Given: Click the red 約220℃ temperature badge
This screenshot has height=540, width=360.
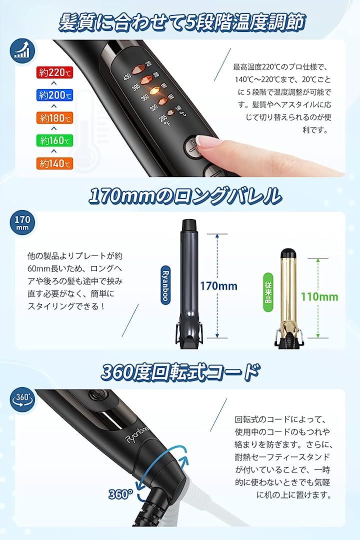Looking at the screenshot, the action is tap(55, 72).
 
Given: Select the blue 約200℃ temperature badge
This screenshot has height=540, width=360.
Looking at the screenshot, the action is tap(55, 95).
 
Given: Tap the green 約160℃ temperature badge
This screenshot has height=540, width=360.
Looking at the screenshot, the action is tap(55, 140).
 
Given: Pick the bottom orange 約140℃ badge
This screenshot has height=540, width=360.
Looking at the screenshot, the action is tap(55, 163).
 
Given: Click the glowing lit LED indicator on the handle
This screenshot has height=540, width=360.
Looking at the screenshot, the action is tap(153, 89).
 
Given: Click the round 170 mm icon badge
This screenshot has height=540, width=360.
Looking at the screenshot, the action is tap(22, 223).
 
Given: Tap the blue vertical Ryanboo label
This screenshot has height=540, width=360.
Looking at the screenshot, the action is tap(165, 284).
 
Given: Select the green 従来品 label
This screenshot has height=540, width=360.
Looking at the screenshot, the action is tap(268, 292).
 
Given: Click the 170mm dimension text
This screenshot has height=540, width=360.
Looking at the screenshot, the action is tap(219, 286).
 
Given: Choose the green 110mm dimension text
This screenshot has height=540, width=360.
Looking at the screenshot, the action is tap(319, 296).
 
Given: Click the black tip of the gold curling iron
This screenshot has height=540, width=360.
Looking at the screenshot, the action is tap(288, 253).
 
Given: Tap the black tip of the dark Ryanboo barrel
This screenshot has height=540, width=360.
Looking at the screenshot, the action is tap(189, 224).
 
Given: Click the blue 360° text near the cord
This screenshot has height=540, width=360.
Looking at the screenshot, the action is tap(120, 494).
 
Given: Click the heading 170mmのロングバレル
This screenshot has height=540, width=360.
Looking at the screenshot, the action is tap(184, 195).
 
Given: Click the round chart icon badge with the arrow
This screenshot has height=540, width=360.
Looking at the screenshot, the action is tap(22, 50).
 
